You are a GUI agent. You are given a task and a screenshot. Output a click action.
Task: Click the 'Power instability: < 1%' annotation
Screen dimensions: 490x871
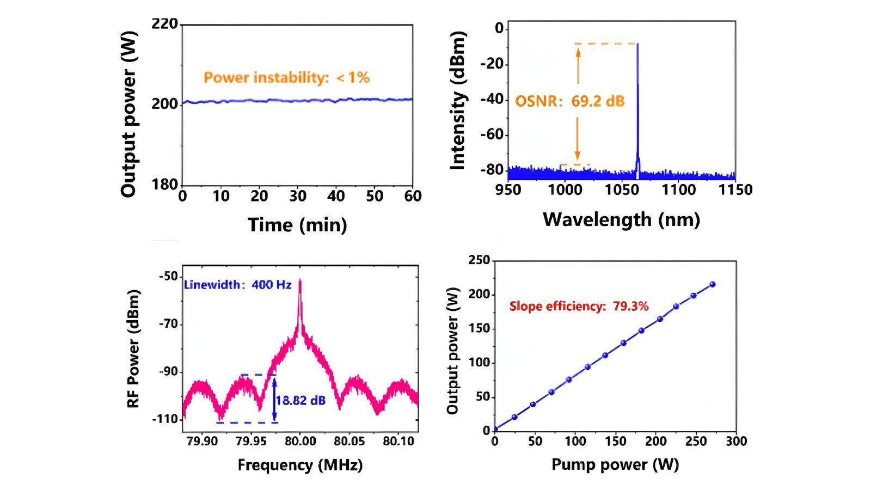(287, 77)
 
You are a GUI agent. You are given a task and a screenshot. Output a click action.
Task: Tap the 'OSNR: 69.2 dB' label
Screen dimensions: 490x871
(569, 101)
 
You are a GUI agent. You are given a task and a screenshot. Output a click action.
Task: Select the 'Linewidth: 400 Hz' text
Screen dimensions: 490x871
(238, 284)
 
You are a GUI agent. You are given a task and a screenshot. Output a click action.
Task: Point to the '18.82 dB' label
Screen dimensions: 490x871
(300, 400)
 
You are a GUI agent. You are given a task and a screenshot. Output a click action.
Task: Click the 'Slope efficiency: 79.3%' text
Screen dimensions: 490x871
(579, 306)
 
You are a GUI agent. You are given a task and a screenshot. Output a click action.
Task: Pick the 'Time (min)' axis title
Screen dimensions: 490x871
(297, 224)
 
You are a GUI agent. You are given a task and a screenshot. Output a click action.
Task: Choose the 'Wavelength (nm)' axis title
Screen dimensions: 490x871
(621, 219)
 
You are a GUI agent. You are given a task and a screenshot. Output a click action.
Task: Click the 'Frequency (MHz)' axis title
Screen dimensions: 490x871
(300, 465)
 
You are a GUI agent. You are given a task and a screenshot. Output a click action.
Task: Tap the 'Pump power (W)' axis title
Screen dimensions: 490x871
(615, 464)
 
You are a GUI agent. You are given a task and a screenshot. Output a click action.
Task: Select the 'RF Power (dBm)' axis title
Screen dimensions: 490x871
(134, 348)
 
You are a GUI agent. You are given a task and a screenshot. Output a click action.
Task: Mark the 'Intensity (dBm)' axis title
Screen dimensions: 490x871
(459, 101)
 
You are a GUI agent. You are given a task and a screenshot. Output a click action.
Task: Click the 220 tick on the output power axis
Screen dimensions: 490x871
(164, 24)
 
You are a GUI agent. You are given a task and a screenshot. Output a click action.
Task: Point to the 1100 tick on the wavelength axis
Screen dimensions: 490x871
(678, 189)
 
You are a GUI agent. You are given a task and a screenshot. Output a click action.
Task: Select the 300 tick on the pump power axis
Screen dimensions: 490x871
(736, 441)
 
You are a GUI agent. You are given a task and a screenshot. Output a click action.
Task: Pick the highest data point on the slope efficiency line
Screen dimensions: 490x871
(712, 284)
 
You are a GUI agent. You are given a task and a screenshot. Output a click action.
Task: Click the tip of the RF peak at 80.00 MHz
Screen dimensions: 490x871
(300, 280)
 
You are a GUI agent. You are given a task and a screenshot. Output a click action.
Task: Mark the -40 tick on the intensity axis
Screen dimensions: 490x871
(492, 100)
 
